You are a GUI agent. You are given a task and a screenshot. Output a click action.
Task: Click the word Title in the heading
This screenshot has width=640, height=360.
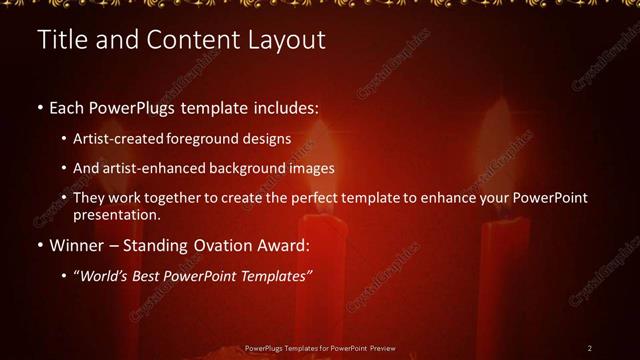click(59, 41)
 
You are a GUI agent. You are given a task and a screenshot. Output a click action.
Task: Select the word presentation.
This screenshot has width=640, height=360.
click(117, 214)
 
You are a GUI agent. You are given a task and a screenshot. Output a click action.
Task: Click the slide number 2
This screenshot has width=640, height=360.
click(590, 348)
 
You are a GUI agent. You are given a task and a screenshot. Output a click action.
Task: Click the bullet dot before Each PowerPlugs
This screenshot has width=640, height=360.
click(39, 106)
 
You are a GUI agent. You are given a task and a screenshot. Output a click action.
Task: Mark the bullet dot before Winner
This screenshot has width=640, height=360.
click(39, 246)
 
